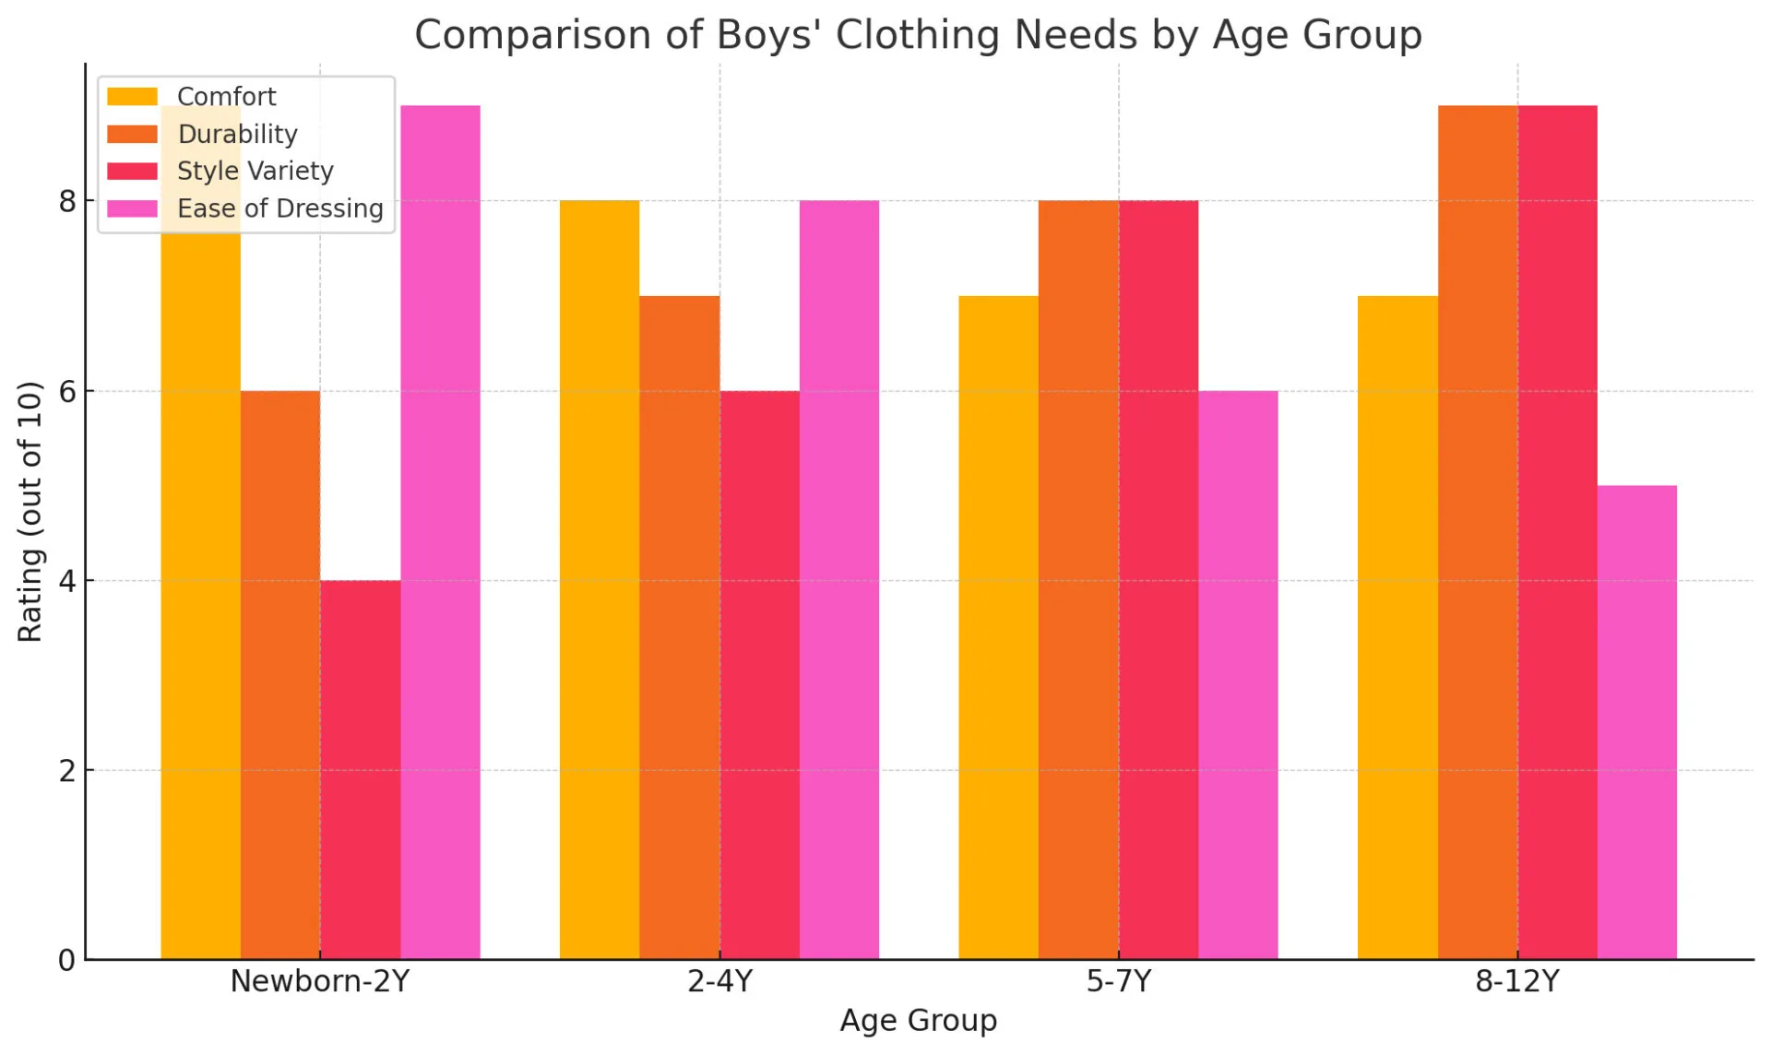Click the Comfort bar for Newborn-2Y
tap(200, 590)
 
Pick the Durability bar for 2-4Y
tap(679, 627)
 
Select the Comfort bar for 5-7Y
tap(998, 627)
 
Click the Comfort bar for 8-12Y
tap(1397, 627)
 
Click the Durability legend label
tap(237, 135)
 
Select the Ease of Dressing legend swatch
tap(132, 208)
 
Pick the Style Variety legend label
tap(255, 172)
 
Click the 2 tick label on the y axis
tap(67, 771)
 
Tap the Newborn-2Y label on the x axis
tap(319, 981)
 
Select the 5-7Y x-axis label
tap(1118, 981)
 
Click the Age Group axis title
tap(918, 1021)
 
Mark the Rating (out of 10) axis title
tap(30, 512)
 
